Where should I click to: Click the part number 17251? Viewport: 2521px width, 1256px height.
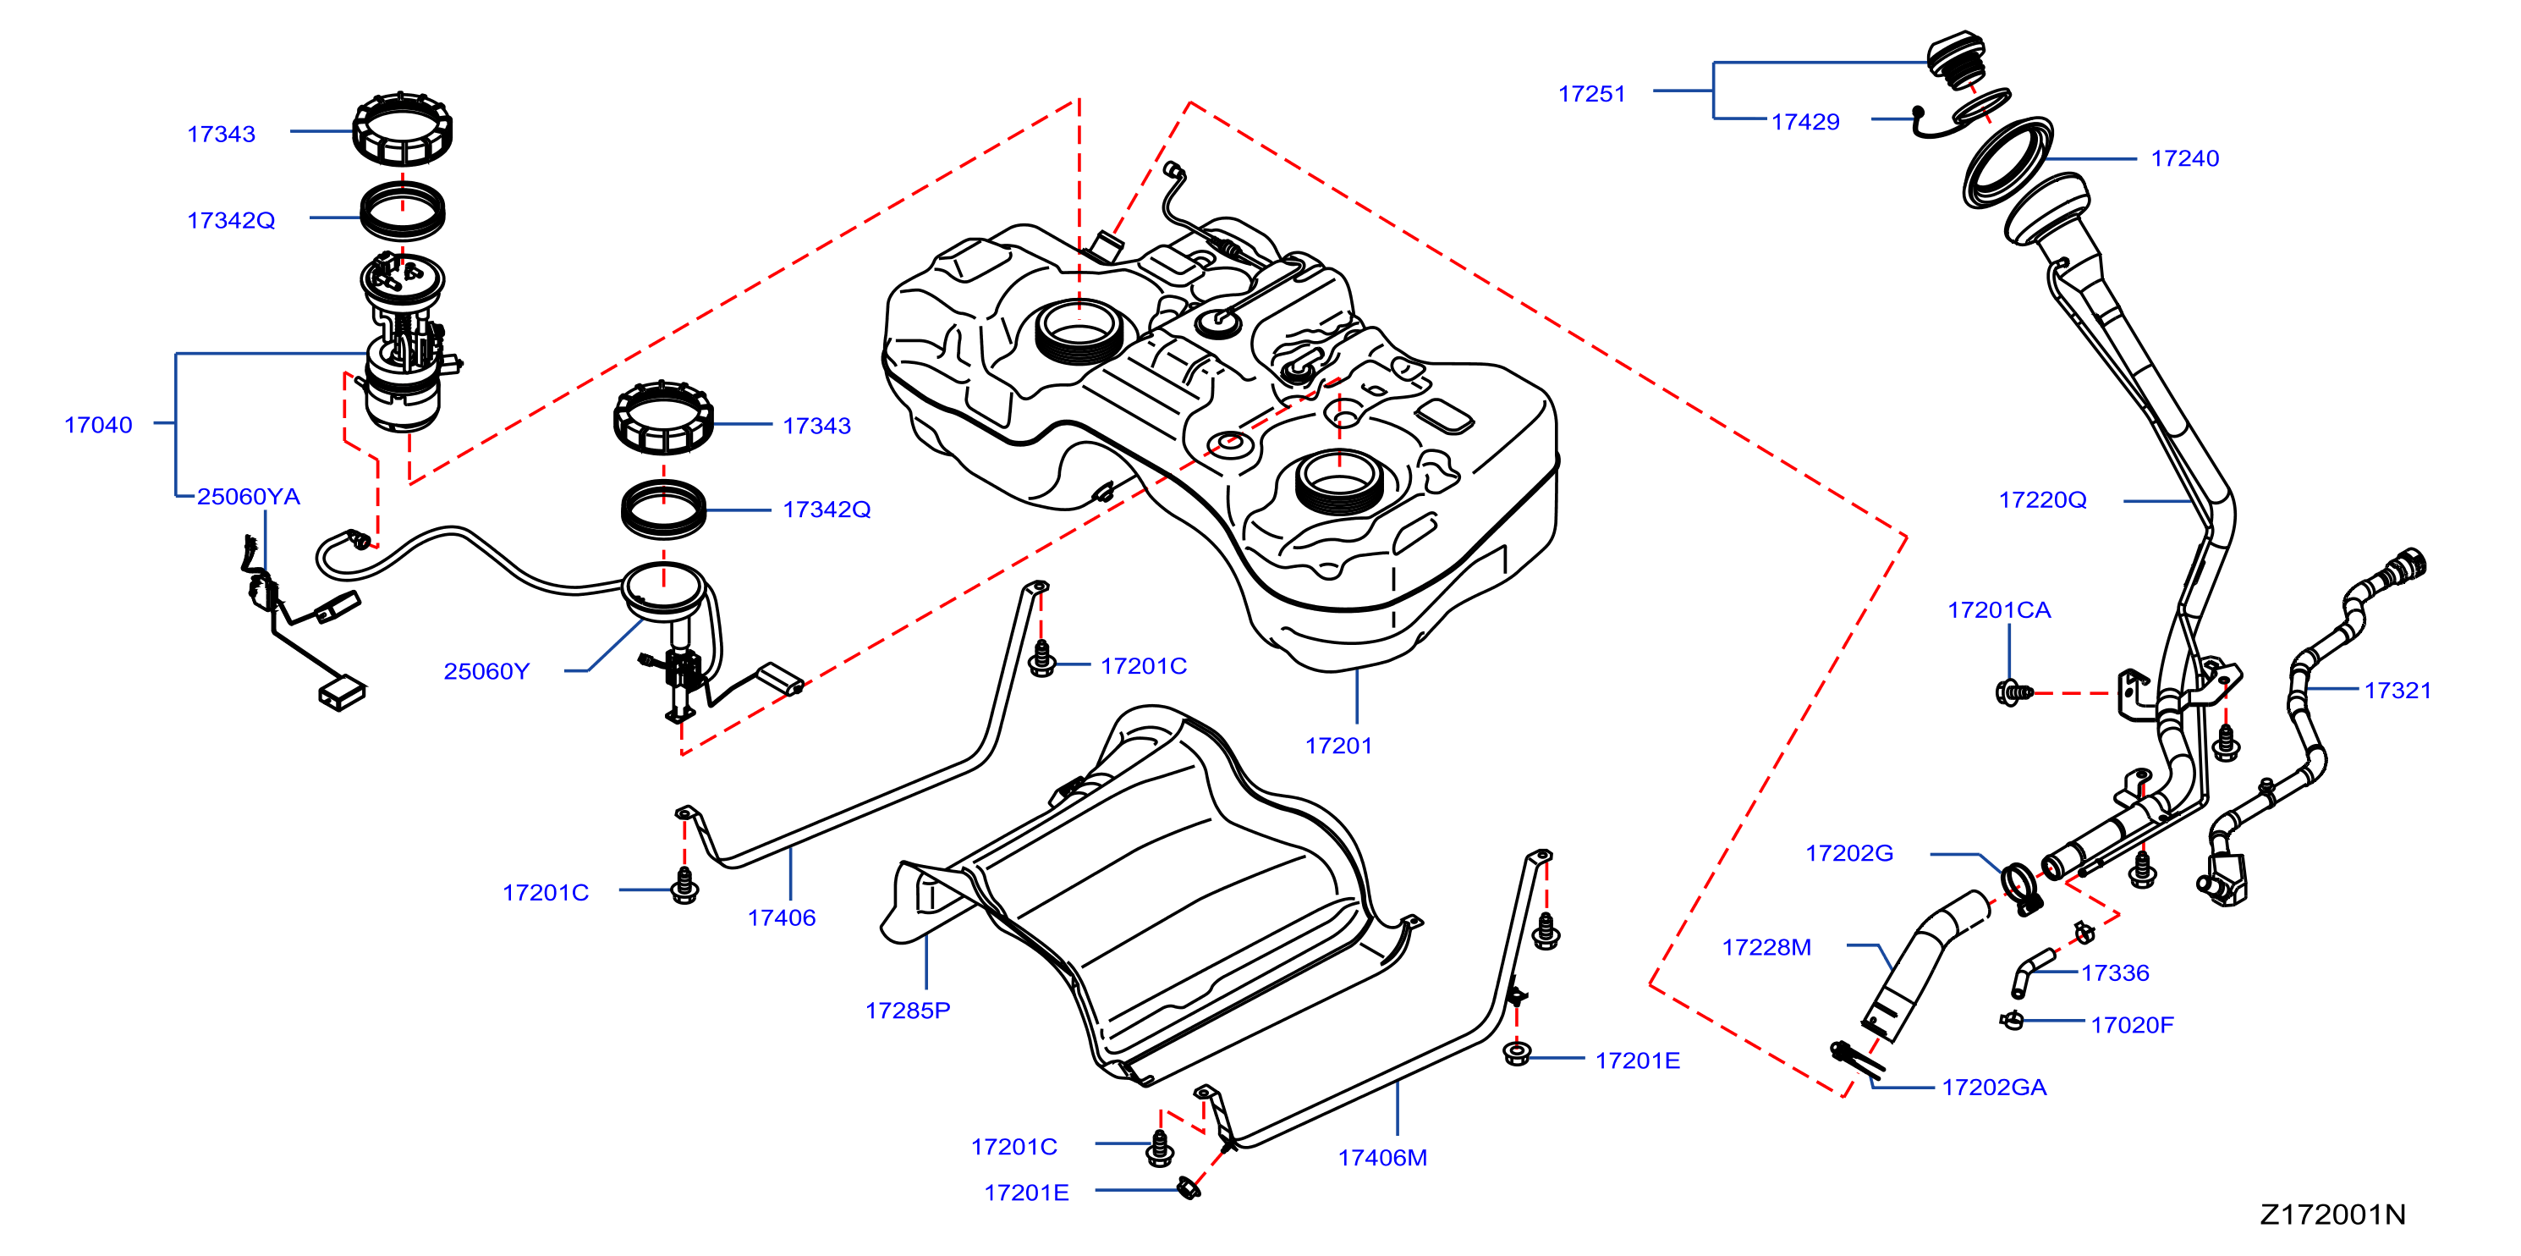click(x=1591, y=94)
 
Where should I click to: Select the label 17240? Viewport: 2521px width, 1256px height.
click(x=2184, y=158)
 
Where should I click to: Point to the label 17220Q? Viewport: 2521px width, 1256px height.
click(x=2042, y=500)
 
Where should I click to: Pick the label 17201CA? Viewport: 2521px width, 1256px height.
click(x=1998, y=610)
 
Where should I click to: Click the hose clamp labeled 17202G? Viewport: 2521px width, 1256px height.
click(x=2020, y=888)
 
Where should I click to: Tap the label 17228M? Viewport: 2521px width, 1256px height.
click(x=1766, y=948)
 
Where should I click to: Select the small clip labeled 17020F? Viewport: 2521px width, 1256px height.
click(x=2012, y=1020)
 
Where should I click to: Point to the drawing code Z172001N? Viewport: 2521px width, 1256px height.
click(x=2332, y=1215)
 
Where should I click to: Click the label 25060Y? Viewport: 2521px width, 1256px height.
click(x=486, y=671)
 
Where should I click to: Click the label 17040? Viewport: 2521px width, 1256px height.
click(x=98, y=425)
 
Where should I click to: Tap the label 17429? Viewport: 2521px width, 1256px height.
click(x=1804, y=123)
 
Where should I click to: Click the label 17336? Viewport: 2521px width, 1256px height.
click(x=2115, y=973)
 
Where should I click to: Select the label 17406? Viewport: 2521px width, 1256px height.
click(x=781, y=918)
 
